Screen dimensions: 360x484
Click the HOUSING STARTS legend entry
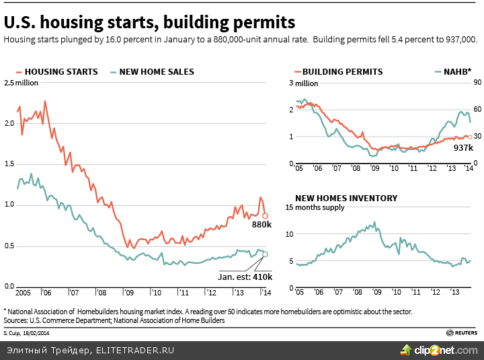[61, 72]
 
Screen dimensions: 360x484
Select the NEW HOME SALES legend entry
[156, 72]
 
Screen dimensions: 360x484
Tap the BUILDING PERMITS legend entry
[342, 72]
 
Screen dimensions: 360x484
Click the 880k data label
[261, 224]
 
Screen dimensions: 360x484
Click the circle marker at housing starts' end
[266, 216]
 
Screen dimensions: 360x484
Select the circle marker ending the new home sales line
[266, 254]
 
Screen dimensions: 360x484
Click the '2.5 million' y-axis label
[22, 83]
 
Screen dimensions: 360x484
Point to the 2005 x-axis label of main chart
[24, 293]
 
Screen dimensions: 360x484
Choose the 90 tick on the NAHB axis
[478, 83]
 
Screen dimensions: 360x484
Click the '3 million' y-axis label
[303, 83]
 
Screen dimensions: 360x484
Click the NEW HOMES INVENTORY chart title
[346, 199]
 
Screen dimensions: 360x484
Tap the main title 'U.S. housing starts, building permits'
[149, 22]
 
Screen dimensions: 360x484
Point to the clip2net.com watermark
[441, 350]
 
